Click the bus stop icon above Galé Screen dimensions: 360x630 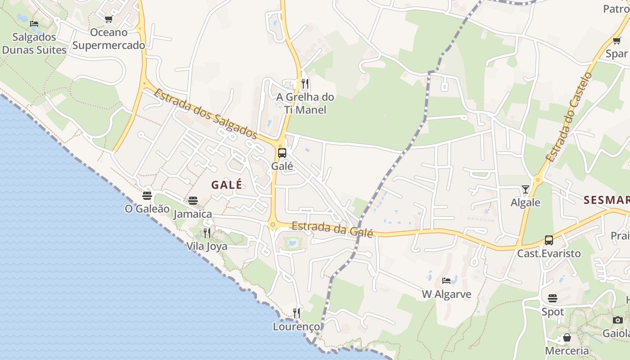(282, 153)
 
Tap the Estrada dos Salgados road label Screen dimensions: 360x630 (205, 113)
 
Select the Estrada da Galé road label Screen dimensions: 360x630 (332, 229)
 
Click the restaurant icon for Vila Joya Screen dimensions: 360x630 (207, 233)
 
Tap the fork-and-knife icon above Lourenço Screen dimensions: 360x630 (297, 313)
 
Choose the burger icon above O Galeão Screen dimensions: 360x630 (147, 195)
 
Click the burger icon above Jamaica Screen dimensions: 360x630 (193, 200)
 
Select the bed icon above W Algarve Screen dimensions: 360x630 (446, 281)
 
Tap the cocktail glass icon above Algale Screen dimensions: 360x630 (525, 189)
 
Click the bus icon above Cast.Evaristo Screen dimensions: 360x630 (549, 240)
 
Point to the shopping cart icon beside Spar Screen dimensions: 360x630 (616, 41)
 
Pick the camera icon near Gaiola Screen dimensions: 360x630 (618, 320)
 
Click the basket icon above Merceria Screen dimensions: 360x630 (567, 337)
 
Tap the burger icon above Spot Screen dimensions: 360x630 (553, 298)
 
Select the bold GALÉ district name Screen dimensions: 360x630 (227, 184)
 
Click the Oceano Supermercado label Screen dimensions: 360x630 (109, 39)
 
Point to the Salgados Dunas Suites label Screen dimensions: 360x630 (35, 43)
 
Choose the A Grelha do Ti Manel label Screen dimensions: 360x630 (305, 103)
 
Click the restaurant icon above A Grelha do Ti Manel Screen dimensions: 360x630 (305, 83)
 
